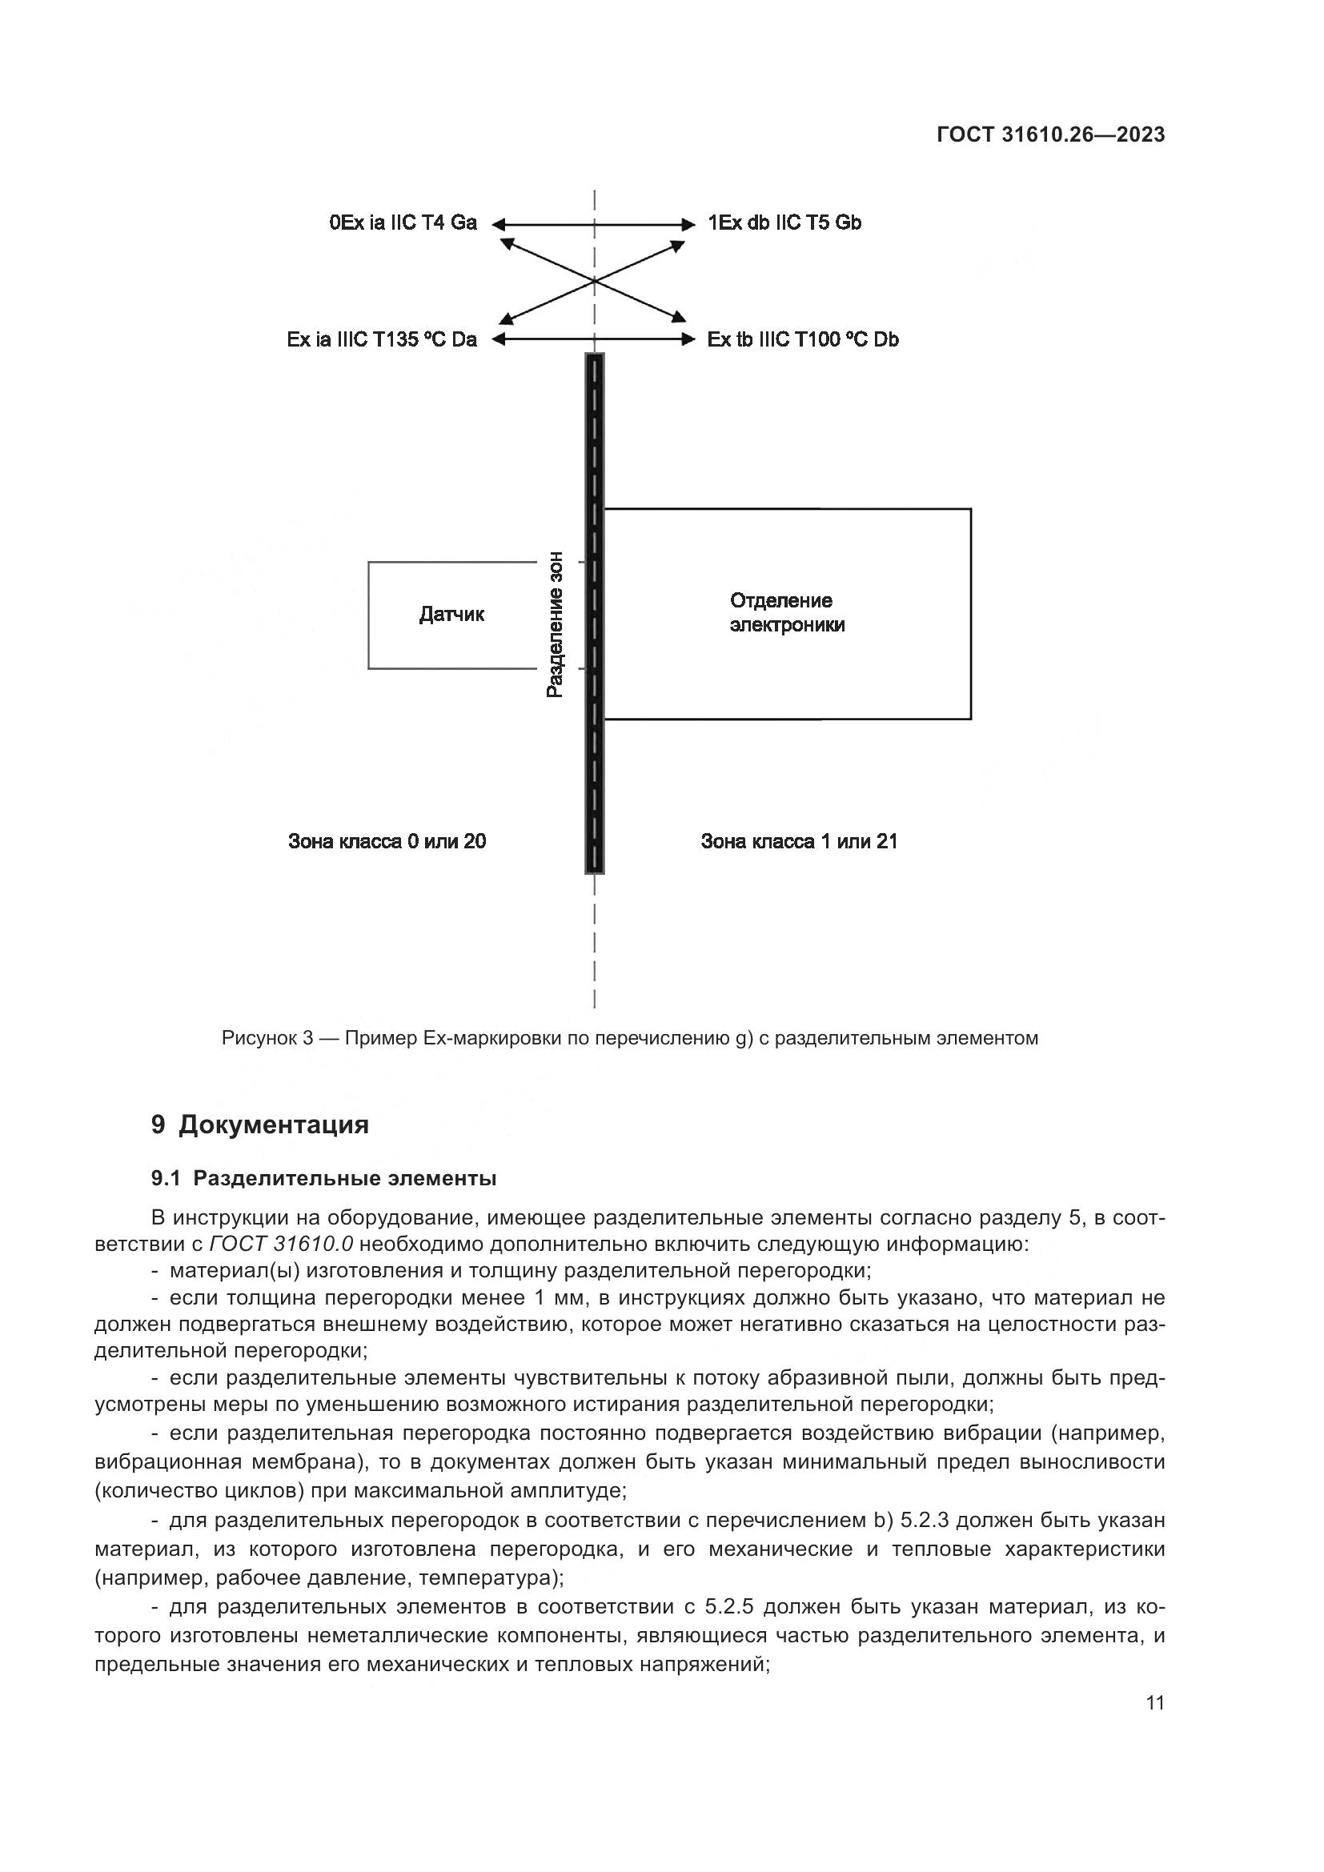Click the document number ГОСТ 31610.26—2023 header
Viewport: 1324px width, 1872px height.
(1050, 134)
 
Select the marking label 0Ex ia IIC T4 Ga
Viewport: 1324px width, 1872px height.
(403, 222)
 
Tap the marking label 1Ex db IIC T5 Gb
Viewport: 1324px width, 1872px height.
(784, 222)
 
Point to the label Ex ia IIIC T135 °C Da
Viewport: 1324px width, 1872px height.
(382, 339)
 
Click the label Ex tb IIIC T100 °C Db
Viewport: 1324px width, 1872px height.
(803, 339)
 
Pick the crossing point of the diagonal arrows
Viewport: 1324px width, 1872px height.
(593, 281)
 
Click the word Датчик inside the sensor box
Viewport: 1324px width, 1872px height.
(451, 614)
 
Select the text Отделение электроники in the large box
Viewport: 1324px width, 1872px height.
(787, 613)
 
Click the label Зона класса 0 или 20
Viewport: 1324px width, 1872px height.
(387, 841)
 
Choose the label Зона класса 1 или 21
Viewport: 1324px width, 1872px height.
(799, 841)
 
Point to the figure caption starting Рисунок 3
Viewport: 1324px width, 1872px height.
(629, 1038)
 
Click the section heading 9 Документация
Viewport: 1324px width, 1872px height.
(260, 1124)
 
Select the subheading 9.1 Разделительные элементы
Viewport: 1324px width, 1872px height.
(323, 1178)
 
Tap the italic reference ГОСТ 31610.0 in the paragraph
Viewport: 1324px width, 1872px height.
(281, 1245)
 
